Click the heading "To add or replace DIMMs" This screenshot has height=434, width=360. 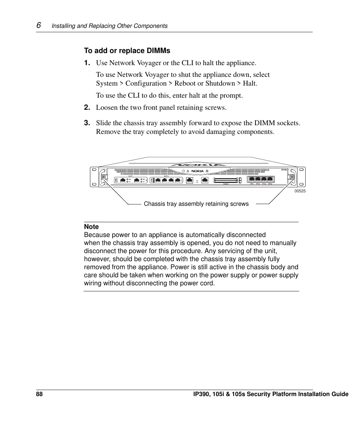coord(127,51)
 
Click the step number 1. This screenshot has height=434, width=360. coord(87,63)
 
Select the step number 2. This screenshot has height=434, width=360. coord(87,107)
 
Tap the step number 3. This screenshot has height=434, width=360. coord(87,123)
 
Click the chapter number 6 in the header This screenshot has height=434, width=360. coord(39,26)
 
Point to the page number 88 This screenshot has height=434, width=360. coord(39,394)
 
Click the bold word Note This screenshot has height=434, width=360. coord(91,227)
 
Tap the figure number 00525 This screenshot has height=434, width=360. coord(300,191)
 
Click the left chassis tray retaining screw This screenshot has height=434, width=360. coord(103,177)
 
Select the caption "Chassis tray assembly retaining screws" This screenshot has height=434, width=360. coord(196,204)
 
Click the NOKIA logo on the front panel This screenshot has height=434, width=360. coord(197,171)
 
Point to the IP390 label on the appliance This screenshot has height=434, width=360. coord(284,170)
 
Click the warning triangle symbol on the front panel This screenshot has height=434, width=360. coord(188,171)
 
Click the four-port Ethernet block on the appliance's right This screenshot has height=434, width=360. coord(261,180)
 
